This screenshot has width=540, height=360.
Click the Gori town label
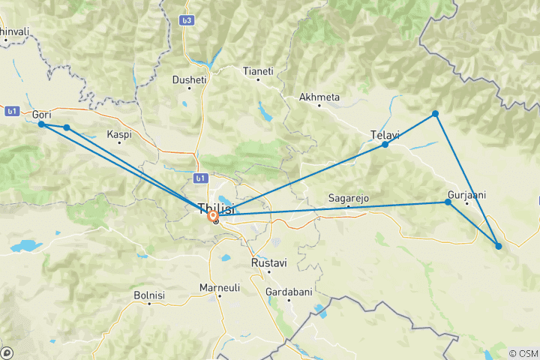42,114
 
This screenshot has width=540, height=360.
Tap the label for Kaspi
118,134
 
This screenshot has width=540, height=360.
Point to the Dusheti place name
188,78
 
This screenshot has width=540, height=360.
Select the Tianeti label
257,71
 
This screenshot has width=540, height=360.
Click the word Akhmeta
319,97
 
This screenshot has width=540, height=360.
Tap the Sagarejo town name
348,198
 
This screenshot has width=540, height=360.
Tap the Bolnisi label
148,295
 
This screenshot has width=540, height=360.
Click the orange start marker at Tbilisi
214,216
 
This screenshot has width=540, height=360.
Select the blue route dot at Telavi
385,144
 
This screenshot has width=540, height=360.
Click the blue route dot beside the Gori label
42,124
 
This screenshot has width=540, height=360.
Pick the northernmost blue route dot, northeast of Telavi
435,114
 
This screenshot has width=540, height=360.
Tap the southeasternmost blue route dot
499,246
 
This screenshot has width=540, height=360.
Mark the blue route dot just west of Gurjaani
448,202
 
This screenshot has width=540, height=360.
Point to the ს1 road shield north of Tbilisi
199,178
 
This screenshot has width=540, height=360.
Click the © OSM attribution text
523,353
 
